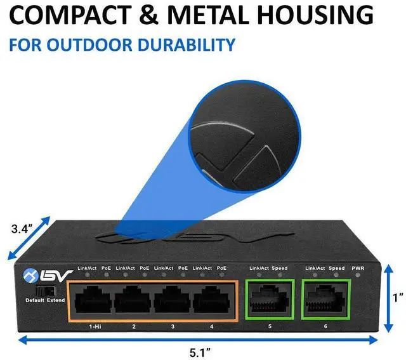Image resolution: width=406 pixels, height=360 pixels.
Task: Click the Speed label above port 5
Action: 280,269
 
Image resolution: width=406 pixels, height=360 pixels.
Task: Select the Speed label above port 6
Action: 336,269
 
